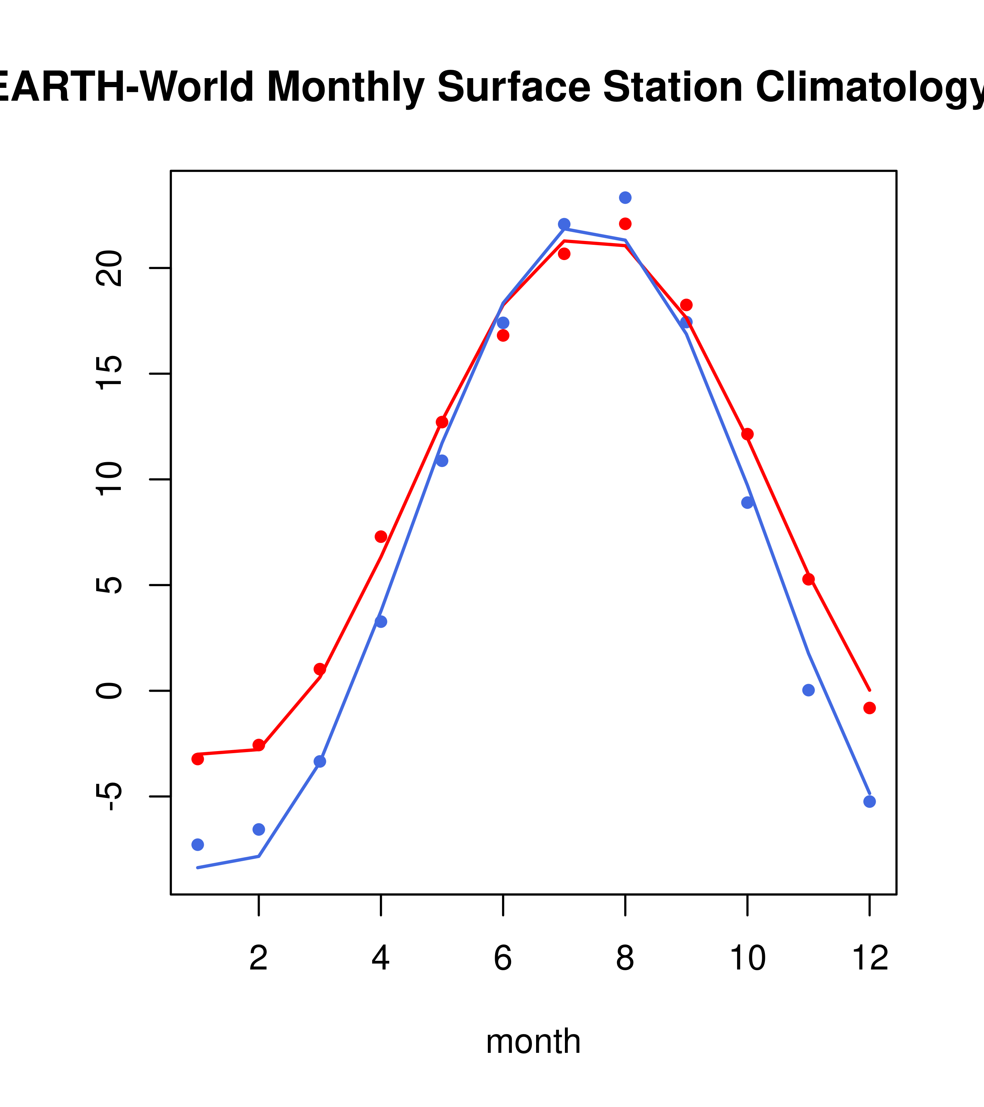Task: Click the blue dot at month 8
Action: click(625, 198)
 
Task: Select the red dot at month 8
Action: click(625, 224)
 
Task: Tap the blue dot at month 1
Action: click(198, 844)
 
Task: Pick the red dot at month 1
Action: click(198, 759)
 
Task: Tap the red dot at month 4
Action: click(381, 537)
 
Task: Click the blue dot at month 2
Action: click(259, 829)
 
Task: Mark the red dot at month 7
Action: click(564, 253)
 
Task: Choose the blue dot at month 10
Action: click(747, 502)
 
